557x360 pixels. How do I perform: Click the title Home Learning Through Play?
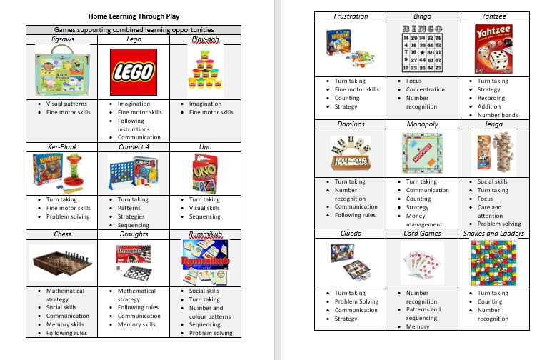133,15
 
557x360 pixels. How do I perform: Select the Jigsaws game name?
61,40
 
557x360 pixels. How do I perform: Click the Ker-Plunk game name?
61,147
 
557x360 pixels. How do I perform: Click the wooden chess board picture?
61,263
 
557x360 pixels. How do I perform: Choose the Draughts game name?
134,234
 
